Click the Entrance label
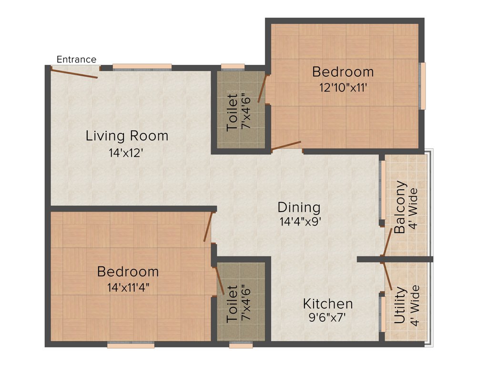point(76,60)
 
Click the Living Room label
point(127,136)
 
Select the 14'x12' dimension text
point(126,153)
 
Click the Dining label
point(299,207)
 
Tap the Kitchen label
point(328,304)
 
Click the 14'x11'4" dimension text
point(128,287)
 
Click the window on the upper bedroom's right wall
point(422,86)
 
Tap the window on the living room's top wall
point(142,67)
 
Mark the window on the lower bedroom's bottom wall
point(131,345)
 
